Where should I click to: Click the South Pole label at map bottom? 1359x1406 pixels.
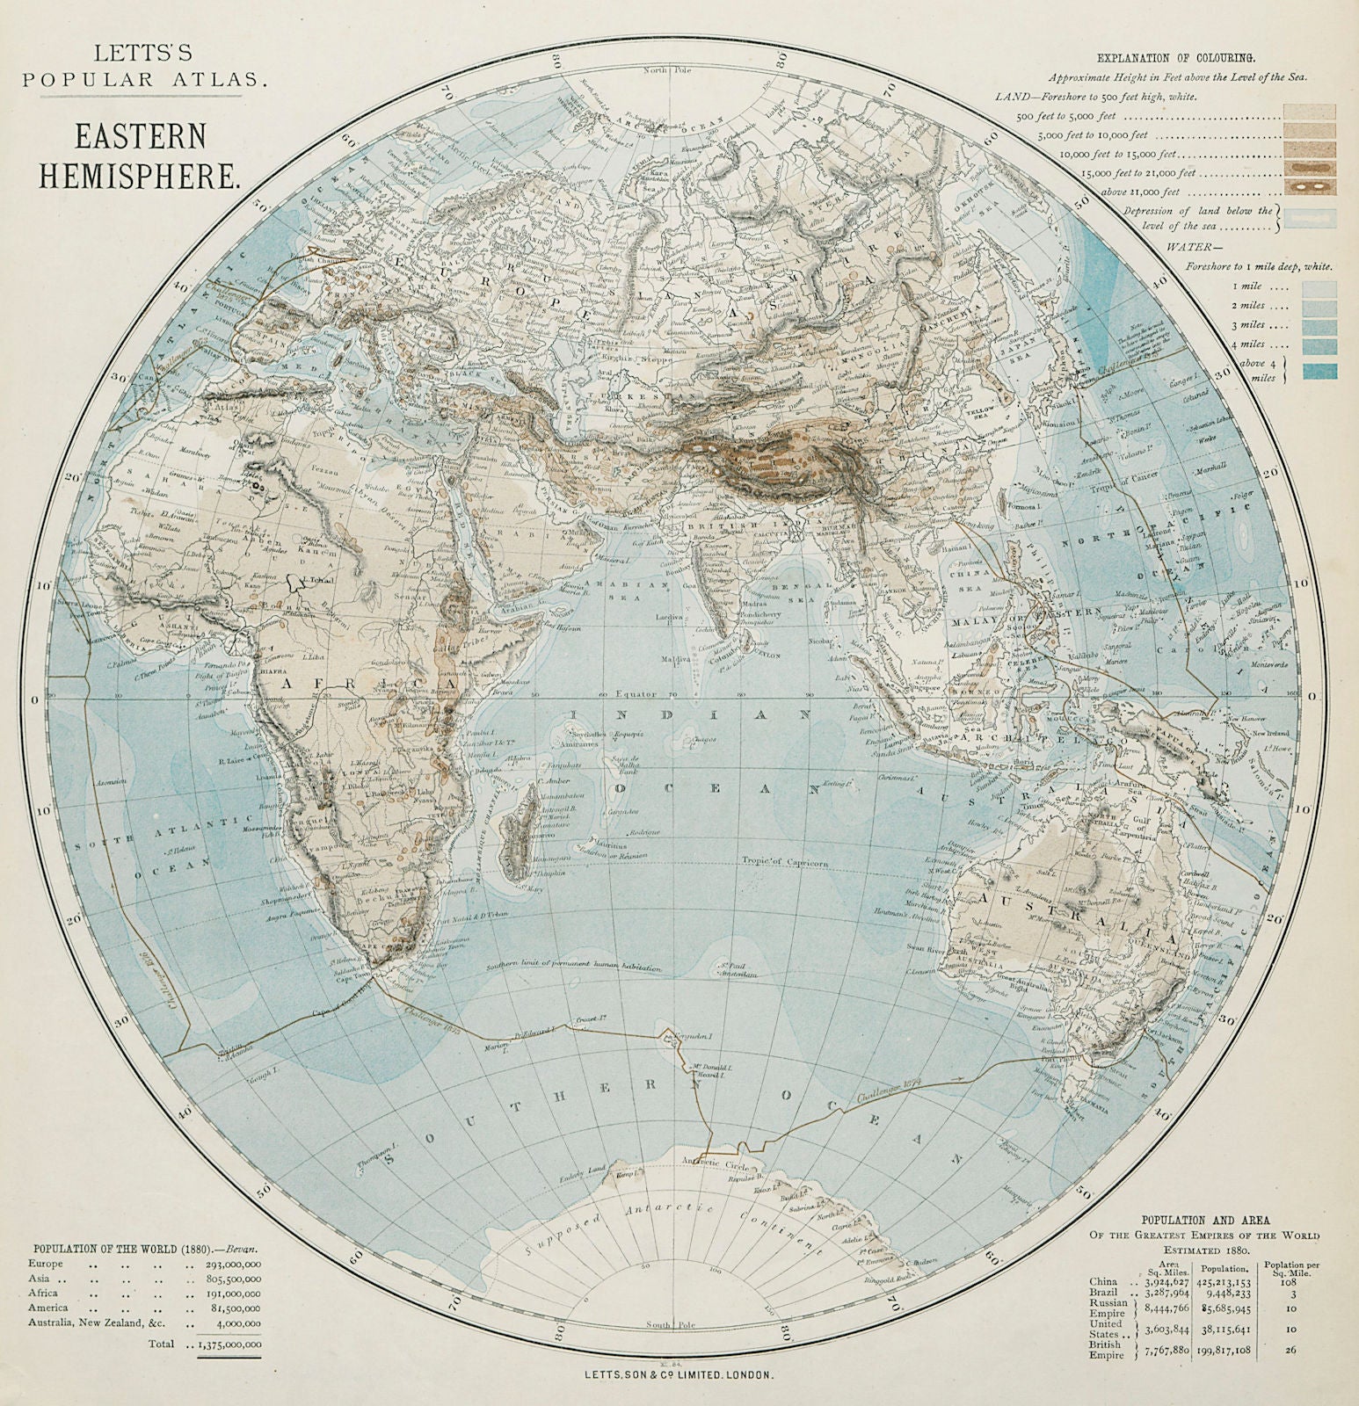(658, 1324)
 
